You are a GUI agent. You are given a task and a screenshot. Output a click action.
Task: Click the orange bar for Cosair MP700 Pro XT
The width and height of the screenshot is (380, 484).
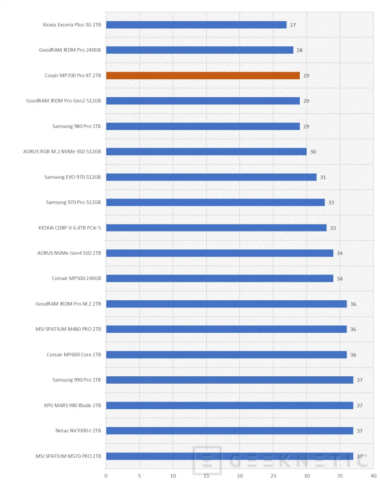click(x=203, y=76)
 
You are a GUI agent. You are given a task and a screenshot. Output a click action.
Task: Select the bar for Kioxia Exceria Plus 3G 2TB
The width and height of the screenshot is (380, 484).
click(x=196, y=25)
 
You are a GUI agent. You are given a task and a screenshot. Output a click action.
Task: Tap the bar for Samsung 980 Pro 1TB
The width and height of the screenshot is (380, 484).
click(x=203, y=126)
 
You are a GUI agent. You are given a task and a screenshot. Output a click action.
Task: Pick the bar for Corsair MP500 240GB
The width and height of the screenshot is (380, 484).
click(x=220, y=279)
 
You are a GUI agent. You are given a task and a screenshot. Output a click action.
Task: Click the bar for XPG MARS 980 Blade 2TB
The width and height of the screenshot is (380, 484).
click(x=229, y=406)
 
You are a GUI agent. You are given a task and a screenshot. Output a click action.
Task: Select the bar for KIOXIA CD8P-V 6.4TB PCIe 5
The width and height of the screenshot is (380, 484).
click(x=216, y=228)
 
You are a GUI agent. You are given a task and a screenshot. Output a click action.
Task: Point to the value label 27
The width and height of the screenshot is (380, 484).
click(x=293, y=25)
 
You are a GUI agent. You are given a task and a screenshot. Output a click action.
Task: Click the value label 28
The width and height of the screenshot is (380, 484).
click(x=299, y=50)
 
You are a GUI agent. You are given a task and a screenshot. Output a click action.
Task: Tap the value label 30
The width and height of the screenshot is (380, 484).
click(x=313, y=152)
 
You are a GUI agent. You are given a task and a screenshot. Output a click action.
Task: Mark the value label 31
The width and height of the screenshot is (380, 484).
click(x=323, y=177)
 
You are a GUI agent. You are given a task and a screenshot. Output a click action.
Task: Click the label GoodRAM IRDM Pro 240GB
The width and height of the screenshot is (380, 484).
click(x=70, y=50)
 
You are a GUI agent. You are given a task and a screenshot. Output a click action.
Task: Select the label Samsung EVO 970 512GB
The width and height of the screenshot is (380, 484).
click(x=72, y=177)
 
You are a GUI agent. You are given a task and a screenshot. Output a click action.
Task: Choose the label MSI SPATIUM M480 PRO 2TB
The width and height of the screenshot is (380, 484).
click(x=68, y=329)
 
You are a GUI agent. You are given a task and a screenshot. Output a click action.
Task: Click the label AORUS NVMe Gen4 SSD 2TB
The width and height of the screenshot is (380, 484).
click(x=69, y=253)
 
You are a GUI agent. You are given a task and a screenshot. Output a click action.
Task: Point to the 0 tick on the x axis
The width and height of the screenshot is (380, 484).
click(x=106, y=475)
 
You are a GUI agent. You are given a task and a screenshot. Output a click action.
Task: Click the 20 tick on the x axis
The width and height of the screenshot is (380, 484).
click(x=240, y=475)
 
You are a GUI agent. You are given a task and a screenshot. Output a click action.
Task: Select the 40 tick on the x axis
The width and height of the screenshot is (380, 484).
click(x=373, y=475)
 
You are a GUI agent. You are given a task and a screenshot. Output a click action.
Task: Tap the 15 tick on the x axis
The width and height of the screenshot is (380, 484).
click(x=206, y=475)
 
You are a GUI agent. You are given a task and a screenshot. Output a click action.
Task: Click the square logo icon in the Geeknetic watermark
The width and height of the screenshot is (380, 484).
click(x=207, y=461)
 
